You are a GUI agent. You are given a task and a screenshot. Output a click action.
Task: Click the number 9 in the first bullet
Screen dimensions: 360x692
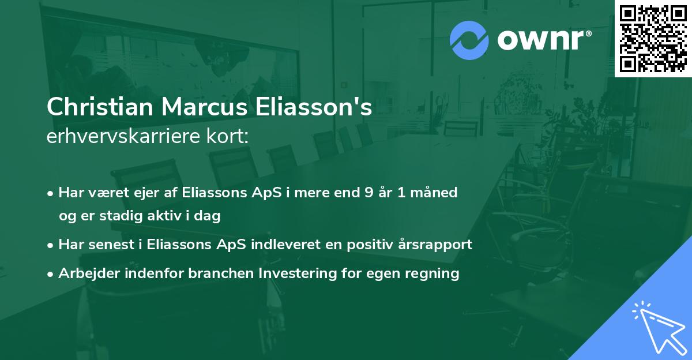point(368,193)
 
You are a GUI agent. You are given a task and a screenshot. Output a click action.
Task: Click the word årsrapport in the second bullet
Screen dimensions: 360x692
point(438,245)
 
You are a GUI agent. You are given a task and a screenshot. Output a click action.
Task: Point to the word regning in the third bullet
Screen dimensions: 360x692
point(435,273)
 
